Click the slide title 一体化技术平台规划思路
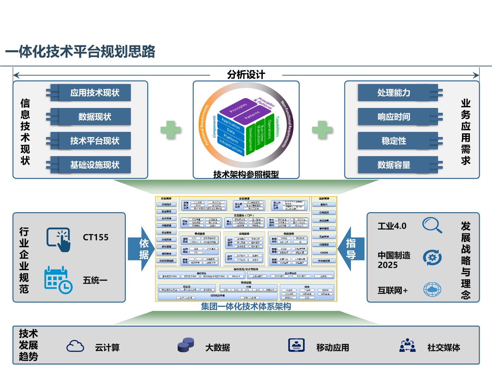pos(80,52)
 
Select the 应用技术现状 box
pos(95,93)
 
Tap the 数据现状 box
pos(95,117)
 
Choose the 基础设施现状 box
pos(95,165)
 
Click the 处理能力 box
pos(394,93)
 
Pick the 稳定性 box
pos(394,141)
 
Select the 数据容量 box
pos(394,165)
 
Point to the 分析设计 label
pos(246,74)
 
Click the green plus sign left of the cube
pos(170,130)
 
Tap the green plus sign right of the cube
pos(322,130)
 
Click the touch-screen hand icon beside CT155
pos(59,239)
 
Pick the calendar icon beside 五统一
pos(58,279)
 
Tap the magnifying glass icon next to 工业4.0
pos(432,225)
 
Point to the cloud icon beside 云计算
pos(75,346)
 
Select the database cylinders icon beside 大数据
pos(186,345)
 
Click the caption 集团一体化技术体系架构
pos(246,306)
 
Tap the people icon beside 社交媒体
pos(408,345)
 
